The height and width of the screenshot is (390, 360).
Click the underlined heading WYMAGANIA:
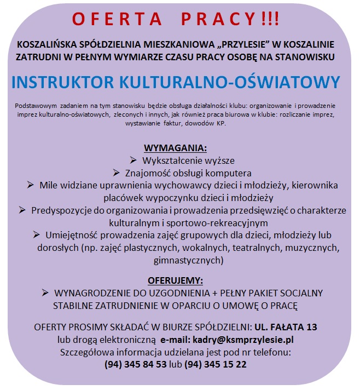click(175, 148)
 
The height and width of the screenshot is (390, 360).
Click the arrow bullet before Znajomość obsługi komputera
click(115, 173)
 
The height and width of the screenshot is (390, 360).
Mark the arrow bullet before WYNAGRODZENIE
click(45, 292)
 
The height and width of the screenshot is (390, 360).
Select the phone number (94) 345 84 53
click(135, 364)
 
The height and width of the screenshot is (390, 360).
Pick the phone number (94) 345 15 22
click(215, 364)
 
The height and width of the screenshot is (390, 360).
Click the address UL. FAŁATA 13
click(284, 327)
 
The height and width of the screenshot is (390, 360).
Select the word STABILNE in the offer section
click(73, 305)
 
